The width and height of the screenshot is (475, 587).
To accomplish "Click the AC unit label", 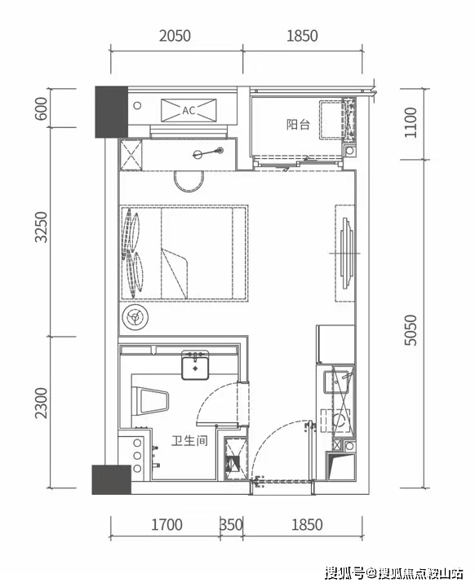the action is point(189,110).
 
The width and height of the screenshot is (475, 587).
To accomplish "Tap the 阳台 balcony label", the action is point(298,124).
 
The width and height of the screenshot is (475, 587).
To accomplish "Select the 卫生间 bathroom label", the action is point(189,440).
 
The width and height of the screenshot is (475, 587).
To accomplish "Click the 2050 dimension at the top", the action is point(175,36).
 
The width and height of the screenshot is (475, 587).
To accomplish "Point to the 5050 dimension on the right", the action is point(411,330).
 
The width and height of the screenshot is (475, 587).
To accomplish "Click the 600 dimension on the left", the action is point(41,108).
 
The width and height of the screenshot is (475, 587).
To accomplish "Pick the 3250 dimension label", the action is point(41,227).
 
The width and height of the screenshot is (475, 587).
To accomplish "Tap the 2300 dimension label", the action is point(41,403).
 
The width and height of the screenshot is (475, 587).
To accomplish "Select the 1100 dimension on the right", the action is point(411,122).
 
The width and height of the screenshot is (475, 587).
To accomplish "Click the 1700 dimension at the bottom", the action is point(166,525).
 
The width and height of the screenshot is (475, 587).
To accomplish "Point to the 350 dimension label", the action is point(231,525).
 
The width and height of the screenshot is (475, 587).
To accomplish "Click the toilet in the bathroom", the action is point(150,401).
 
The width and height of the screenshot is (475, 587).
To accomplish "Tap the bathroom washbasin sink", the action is point(195,365).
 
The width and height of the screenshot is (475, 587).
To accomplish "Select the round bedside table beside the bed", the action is point(135,318).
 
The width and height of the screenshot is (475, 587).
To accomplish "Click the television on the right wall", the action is point(347,254).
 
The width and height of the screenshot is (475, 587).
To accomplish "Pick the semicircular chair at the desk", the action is point(189,182).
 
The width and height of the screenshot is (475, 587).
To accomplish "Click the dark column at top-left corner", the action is point(111,112).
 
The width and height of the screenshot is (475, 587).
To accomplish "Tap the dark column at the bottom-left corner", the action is point(112,479).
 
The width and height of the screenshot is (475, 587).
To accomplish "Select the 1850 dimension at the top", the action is point(303,36).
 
